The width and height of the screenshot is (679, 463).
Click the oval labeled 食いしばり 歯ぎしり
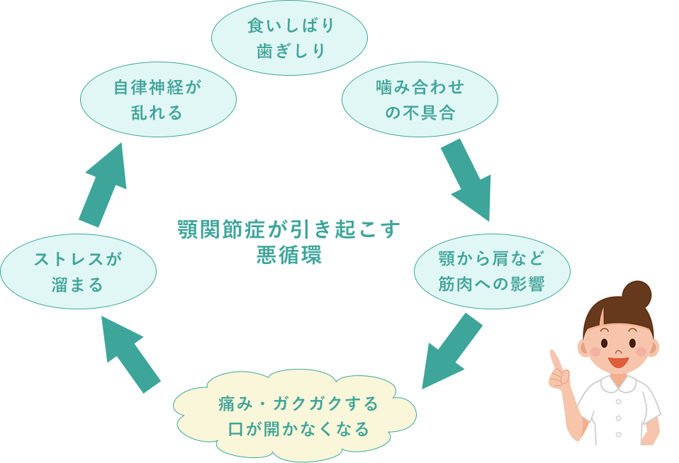coord(289,38)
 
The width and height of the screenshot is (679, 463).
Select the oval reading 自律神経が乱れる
coord(158,100)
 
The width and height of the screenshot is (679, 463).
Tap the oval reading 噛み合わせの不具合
coord(420,99)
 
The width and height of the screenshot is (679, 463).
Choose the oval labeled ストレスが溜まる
coord(78,272)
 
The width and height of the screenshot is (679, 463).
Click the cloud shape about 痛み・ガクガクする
coord(295,416)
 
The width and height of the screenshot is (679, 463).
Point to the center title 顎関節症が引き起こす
coord(288,231)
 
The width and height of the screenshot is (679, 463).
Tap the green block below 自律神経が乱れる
coord(102,185)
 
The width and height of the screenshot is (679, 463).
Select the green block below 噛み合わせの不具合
coord(465,181)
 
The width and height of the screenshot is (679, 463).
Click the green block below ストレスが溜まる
coord(131,354)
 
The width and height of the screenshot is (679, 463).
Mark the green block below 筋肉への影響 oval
coord(452,350)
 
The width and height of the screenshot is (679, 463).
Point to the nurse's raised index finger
coord(555,360)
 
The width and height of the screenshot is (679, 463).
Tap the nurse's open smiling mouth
coord(618,362)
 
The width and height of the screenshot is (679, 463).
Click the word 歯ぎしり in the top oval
coord(289,51)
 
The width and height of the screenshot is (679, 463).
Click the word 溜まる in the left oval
coord(78,285)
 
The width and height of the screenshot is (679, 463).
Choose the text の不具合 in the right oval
coord(420,113)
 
